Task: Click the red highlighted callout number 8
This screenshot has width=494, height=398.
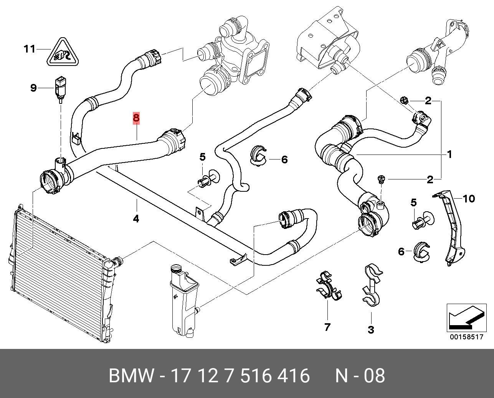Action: click(136, 118)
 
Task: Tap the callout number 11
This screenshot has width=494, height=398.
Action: click(30, 49)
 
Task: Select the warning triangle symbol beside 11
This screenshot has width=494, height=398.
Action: click(63, 53)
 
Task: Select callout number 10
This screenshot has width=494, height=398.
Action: click(469, 199)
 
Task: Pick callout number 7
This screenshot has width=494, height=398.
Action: click(327, 327)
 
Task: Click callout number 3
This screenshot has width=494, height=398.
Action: click(371, 330)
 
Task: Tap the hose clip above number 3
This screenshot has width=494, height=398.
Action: click(372, 285)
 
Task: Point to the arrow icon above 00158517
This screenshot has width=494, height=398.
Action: click(466, 318)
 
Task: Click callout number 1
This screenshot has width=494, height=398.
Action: click(449, 155)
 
